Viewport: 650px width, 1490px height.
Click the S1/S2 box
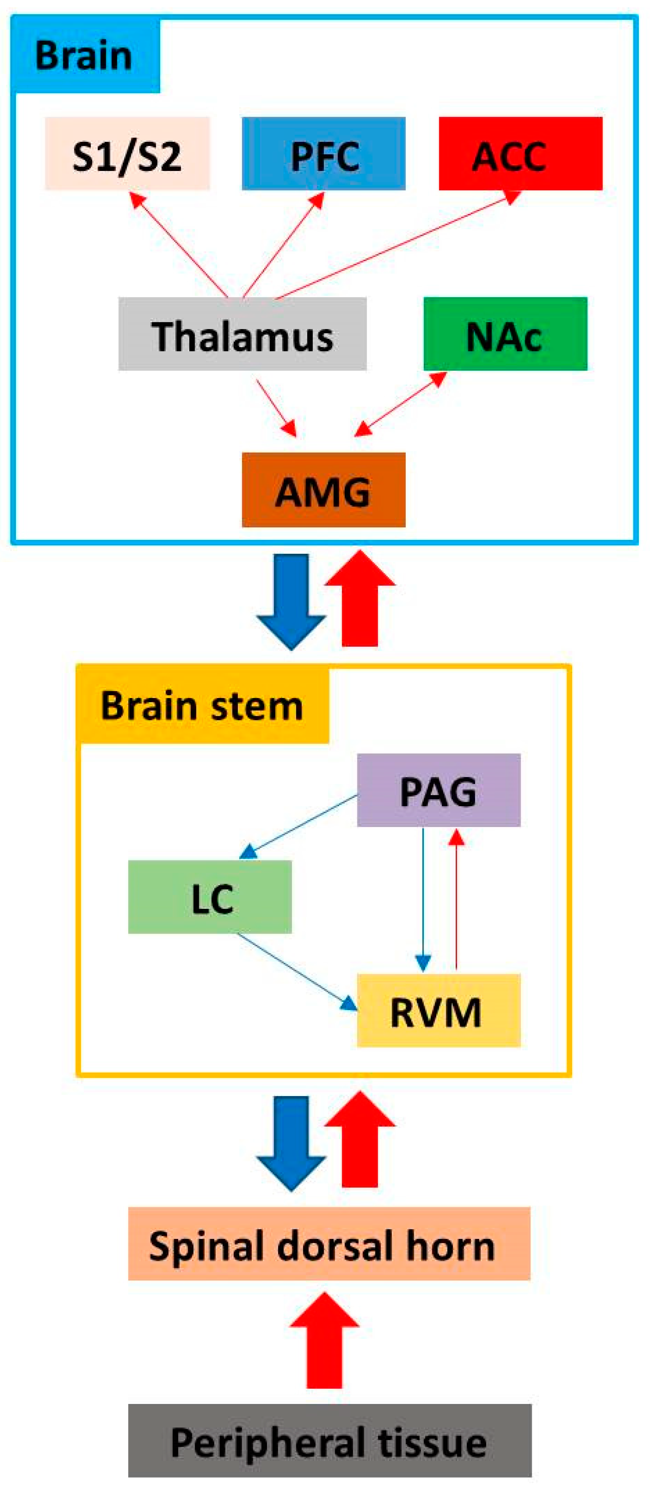(127, 153)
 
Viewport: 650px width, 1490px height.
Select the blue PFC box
(324, 153)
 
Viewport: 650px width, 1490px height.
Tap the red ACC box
(520, 153)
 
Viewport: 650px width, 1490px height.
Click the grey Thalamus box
(242, 334)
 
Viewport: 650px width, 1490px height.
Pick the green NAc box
(505, 334)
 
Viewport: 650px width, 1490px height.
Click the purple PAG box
(439, 790)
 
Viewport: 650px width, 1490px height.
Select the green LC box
(209, 897)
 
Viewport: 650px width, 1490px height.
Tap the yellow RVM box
(439, 1010)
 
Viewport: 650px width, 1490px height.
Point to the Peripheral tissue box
(330, 1440)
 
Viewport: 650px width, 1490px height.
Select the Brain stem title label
(203, 705)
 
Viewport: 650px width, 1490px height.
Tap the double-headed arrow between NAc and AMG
(401, 404)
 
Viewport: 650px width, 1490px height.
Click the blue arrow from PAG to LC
(298, 827)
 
